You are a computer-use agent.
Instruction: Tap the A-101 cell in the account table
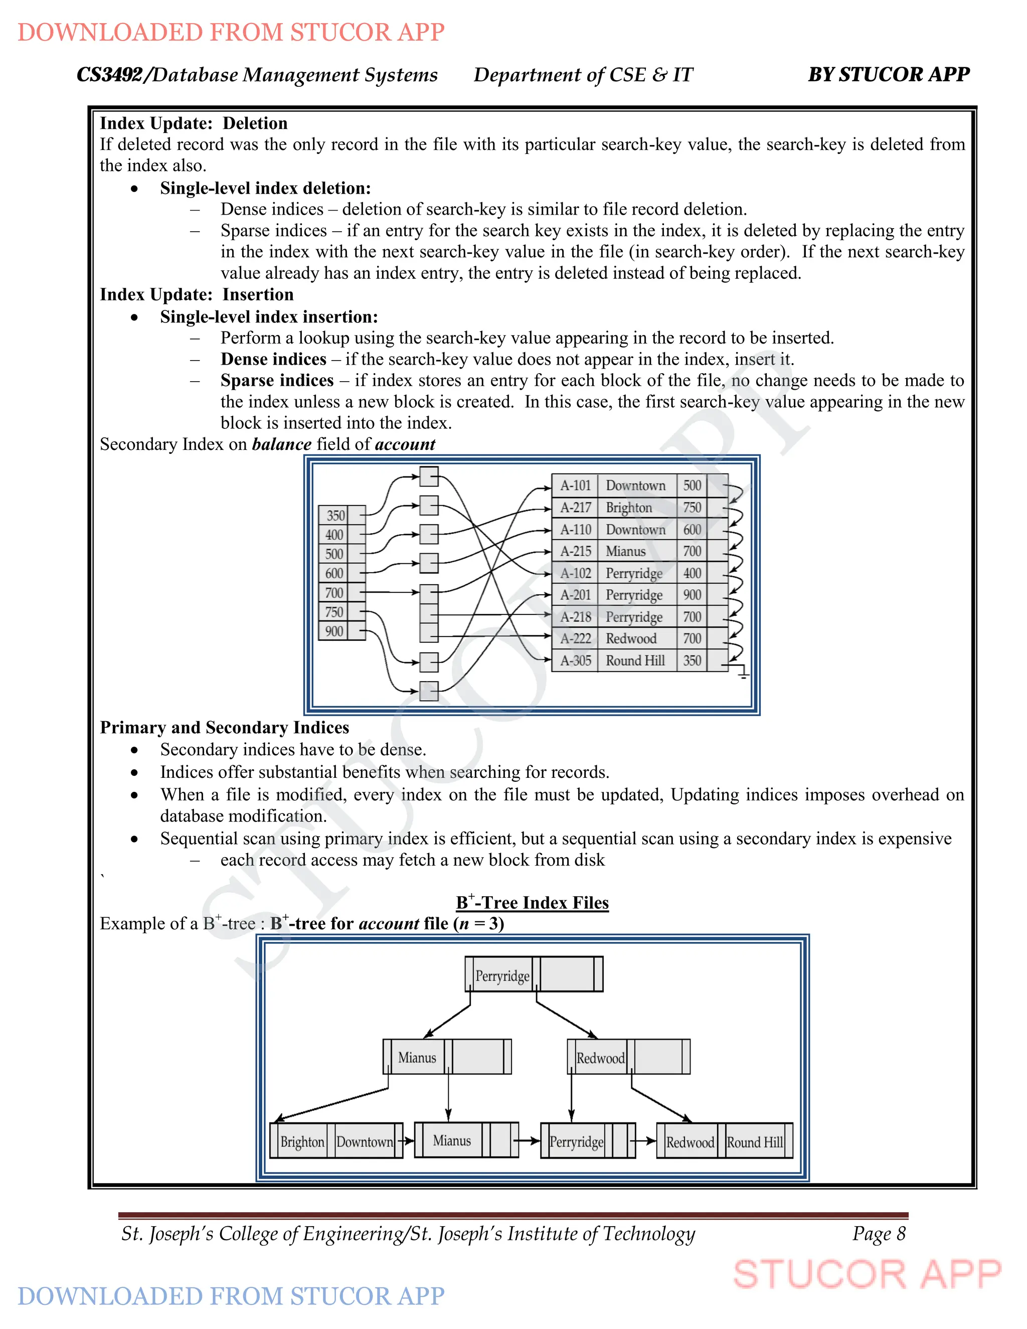point(575,485)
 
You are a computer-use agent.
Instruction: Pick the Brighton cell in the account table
point(628,508)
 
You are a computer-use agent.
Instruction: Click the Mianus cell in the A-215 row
point(625,551)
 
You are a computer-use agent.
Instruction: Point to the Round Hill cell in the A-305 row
point(635,660)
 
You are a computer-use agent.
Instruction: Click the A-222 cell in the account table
point(575,638)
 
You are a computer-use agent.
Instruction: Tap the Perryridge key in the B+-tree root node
point(502,976)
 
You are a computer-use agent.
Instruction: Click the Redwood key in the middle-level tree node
point(600,1058)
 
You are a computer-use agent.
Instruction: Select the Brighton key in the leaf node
point(302,1141)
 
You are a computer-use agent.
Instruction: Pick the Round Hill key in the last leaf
point(755,1142)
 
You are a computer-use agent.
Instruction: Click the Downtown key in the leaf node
point(365,1141)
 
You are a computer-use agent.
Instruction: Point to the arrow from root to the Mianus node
point(448,1022)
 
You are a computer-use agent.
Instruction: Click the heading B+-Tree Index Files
point(533,902)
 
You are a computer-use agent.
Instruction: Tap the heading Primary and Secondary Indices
point(225,727)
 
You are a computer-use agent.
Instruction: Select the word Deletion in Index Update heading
point(255,123)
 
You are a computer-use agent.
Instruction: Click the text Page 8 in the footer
point(879,1234)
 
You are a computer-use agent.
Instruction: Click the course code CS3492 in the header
point(109,74)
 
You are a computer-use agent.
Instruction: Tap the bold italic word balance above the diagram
point(282,444)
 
